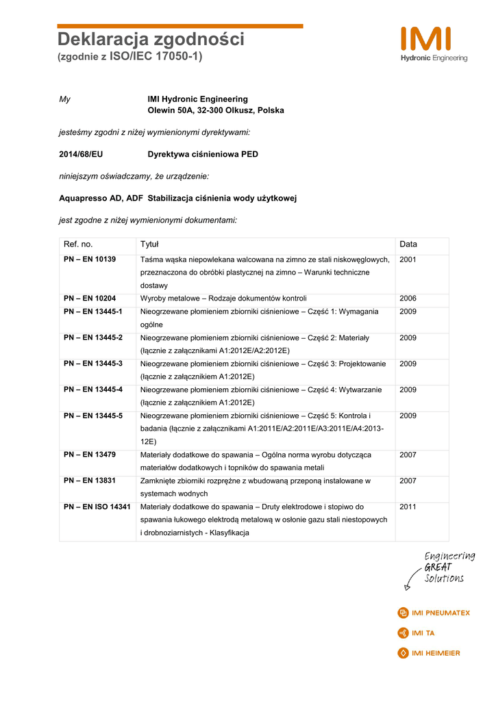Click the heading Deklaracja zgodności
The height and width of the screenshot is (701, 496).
(x=150, y=40)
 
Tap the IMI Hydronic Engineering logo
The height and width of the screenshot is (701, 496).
(x=434, y=44)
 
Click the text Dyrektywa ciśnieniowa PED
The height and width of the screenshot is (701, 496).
(x=203, y=154)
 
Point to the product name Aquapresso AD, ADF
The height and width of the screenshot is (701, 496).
(x=101, y=198)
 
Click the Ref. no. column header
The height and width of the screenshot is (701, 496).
(x=78, y=244)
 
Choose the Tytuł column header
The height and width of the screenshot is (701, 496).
(x=149, y=244)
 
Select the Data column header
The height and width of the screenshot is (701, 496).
(x=408, y=244)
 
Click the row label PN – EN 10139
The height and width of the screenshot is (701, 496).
(x=90, y=259)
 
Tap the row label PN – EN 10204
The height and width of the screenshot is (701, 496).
(x=90, y=298)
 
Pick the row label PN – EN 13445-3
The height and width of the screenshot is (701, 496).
(x=93, y=364)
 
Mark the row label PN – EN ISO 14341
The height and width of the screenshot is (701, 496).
(x=97, y=507)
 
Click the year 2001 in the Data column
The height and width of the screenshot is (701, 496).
(x=408, y=259)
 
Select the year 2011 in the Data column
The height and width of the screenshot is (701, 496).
(x=408, y=507)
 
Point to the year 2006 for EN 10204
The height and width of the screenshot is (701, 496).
(x=408, y=298)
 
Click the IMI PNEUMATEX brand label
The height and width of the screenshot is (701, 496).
(x=434, y=613)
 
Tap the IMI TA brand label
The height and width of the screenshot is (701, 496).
(x=417, y=633)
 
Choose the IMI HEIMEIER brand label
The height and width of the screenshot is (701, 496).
(x=429, y=653)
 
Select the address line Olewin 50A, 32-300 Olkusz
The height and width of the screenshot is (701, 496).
(x=216, y=110)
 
